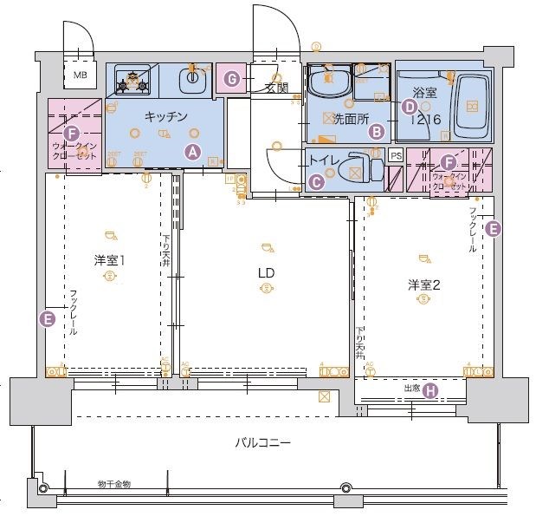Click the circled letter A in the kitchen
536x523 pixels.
click(193, 151)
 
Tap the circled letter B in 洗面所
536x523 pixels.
click(376, 132)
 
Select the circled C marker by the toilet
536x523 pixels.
click(317, 181)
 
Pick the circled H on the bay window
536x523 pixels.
click(430, 390)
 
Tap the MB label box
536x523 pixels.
click(80, 75)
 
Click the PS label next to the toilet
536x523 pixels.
click(396, 155)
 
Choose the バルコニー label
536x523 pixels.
click(262, 442)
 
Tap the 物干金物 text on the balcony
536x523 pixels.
click(113, 484)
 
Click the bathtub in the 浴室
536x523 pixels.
click(471, 106)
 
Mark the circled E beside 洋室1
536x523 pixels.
click(48, 319)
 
